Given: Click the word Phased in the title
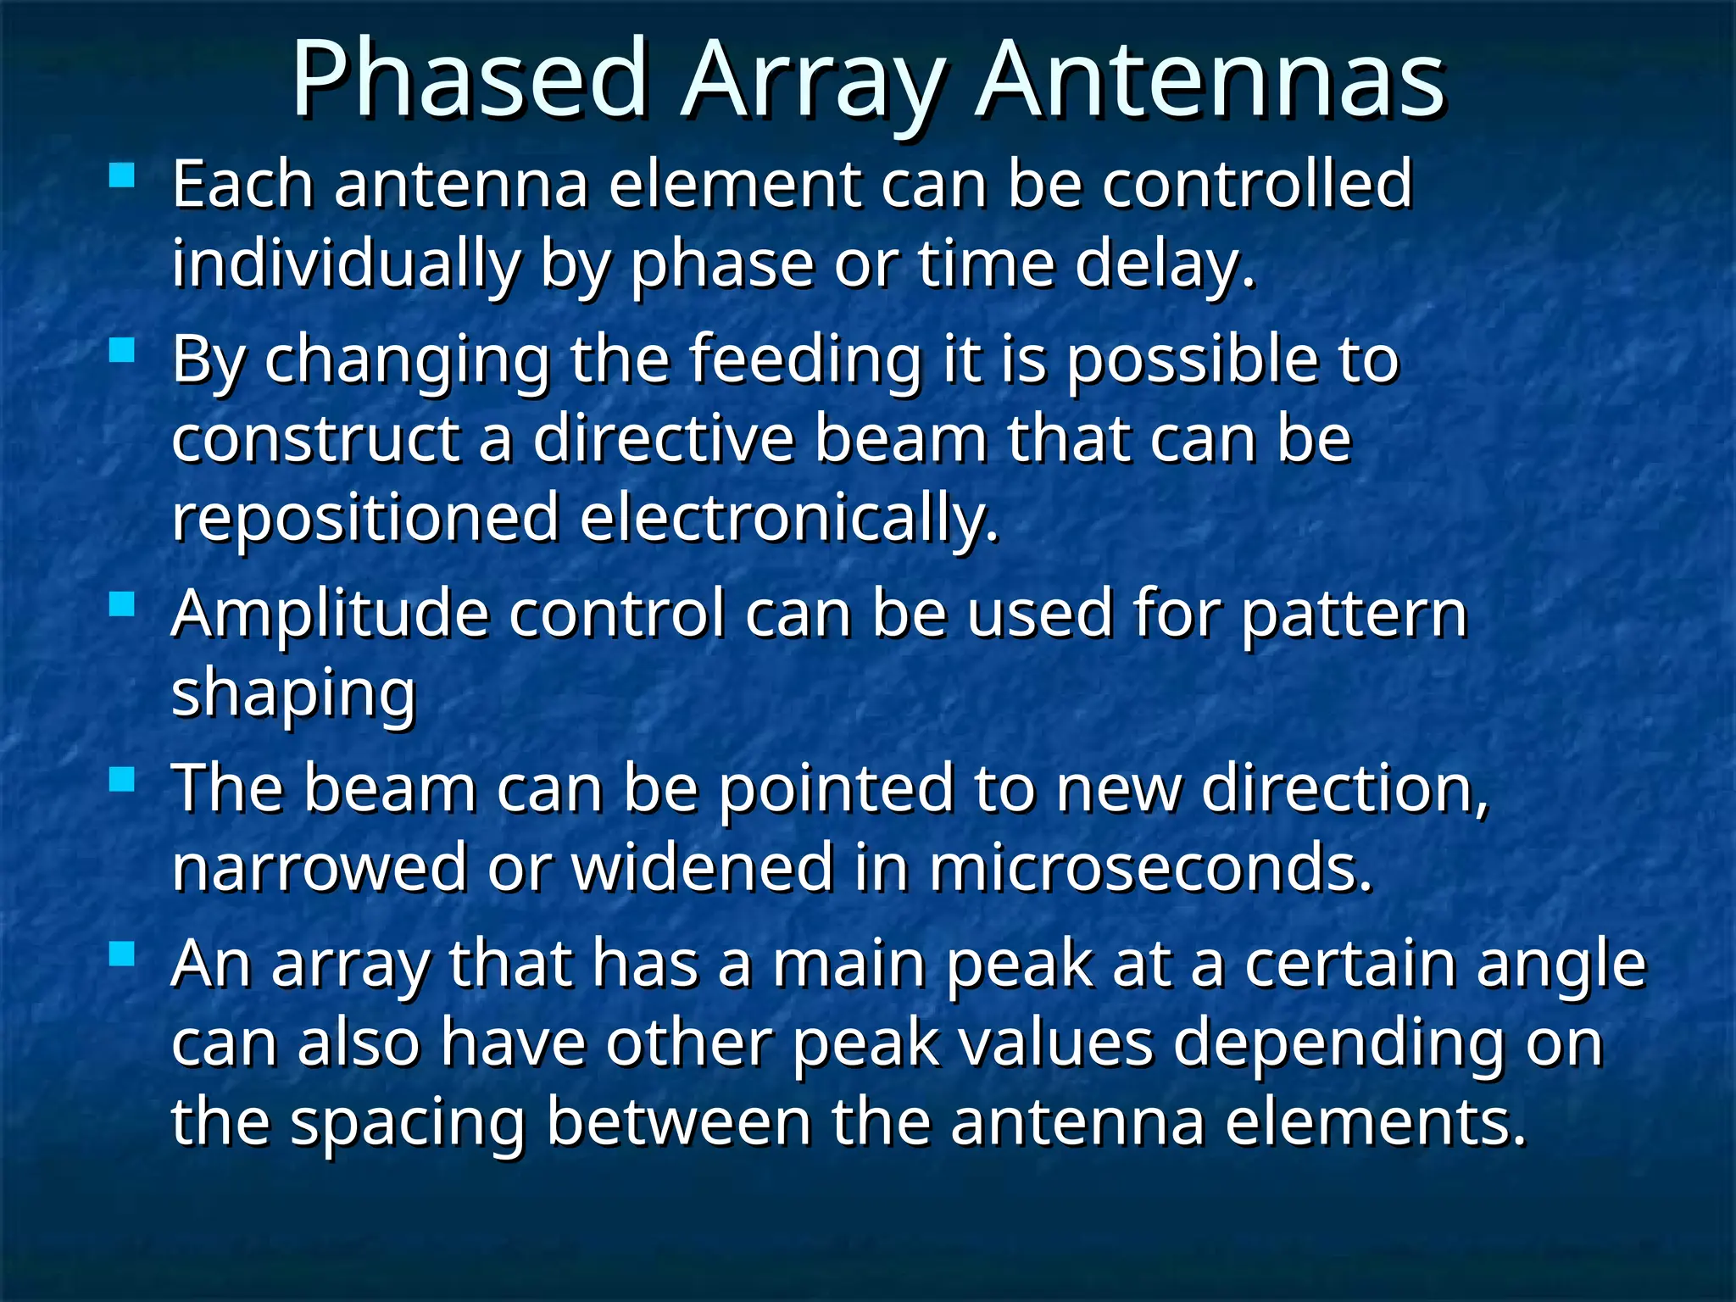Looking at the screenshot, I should point(470,81).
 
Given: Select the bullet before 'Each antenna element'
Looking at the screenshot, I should point(123,175).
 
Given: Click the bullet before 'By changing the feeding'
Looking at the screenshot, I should point(123,351).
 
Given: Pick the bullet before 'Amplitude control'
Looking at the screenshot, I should point(123,604).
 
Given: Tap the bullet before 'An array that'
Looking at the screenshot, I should point(123,955).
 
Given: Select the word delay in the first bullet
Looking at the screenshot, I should point(1164,264).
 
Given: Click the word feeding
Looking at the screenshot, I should point(804,360).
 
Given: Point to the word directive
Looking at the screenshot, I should point(664,439).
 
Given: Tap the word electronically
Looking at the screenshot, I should point(788,519).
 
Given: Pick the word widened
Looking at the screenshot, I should point(703,868).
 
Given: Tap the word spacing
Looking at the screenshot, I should point(408,1123).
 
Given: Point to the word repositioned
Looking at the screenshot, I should point(365,519).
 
